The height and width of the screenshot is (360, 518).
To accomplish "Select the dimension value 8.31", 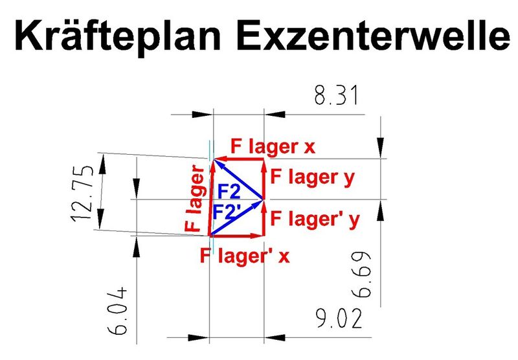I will click(337, 97).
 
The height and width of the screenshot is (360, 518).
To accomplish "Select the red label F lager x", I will click(272, 146).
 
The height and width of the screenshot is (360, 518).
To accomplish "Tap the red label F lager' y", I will click(315, 218).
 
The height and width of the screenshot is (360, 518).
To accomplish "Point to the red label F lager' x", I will click(245, 256).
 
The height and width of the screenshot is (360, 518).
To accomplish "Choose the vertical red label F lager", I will click(194, 198).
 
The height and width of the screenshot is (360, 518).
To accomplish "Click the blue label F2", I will click(227, 192).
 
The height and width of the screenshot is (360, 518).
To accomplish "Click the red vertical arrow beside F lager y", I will click(264, 179).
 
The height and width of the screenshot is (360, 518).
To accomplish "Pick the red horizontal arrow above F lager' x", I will click(236, 236).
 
